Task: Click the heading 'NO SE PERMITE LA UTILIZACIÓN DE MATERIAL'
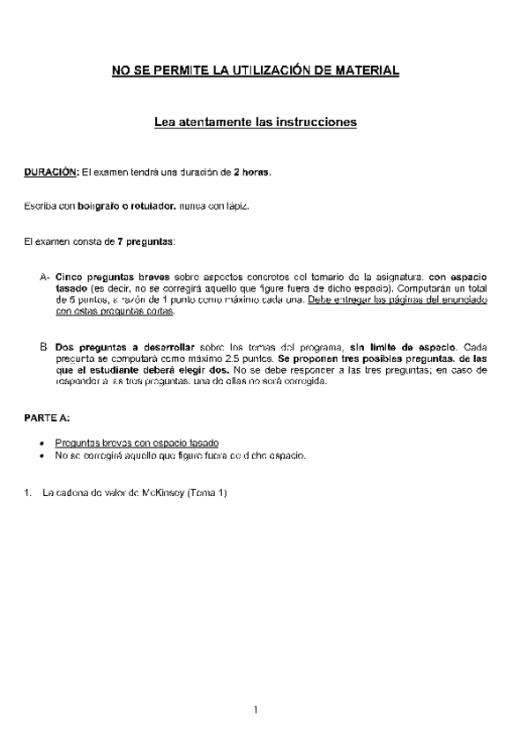(x=255, y=70)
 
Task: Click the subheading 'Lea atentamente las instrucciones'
(x=255, y=123)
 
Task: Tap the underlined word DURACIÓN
(x=51, y=173)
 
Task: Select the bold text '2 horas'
(x=252, y=173)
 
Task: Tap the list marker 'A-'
(x=44, y=277)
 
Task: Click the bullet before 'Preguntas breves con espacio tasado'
(x=43, y=442)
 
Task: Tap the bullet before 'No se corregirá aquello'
(x=43, y=455)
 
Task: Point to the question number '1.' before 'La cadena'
(x=26, y=493)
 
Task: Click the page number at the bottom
(x=255, y=710)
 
